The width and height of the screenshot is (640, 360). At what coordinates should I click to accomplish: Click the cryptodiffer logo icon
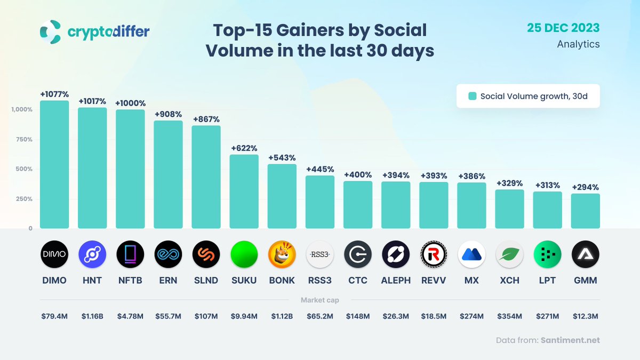click(x=51, y=32)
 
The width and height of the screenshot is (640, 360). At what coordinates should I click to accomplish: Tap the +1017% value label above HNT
click(x=92, y=101)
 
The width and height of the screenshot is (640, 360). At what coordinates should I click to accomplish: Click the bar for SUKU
click(x=244, y=191)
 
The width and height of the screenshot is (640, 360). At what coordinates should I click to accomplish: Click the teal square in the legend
click(x=472, y=97)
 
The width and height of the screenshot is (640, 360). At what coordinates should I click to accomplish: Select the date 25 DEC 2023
click(x=563, y=28)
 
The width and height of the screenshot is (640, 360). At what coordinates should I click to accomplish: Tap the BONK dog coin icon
click(x=282, y=254)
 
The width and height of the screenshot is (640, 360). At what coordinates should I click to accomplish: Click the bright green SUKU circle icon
click(x=244, y=254)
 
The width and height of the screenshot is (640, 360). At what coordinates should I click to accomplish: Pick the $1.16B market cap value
click(x=92, y=316)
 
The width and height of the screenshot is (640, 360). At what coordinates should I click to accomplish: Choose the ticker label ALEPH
click(x=395, y=280)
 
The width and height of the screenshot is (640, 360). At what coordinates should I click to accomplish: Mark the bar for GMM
click(x=585, y=211)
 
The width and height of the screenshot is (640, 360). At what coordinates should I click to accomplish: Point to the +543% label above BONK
click(x=282, y=158)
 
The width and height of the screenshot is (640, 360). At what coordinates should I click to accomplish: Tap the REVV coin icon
click(x=433, y=254)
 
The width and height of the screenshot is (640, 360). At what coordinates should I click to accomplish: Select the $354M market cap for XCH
click(x=509, y=316)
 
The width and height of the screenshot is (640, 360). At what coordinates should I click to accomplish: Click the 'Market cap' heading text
click(x=320, y=300)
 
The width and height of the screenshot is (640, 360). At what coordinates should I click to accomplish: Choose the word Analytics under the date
click(x=578, y=44)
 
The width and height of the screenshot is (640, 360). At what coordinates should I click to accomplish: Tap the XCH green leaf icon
click(x=509, y=254)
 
